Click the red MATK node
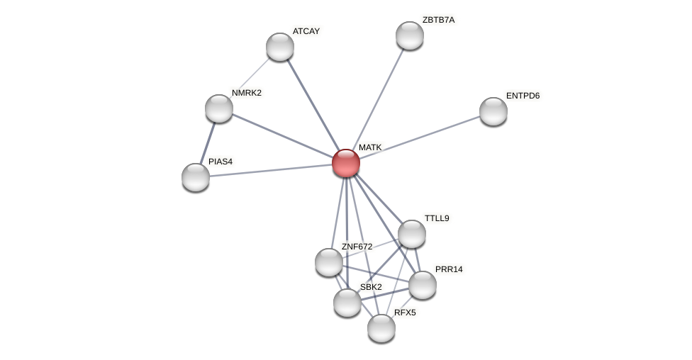coord(346,163)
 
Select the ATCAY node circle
coord(280,47)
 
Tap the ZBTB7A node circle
coord(410,35)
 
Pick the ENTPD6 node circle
coord(493,111)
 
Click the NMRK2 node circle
coord(219,108)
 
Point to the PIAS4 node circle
coord(196,177)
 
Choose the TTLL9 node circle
coord(412,234)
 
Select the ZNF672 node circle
coord(329,262)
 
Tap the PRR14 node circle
coord(423,285)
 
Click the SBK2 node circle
coord(347,303)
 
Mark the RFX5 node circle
coord(381,328)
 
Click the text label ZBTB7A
coord(438,20)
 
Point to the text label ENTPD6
coord(523,96)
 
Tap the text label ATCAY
coord(306,31)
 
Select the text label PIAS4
coord(221,162)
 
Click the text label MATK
coord(370,147)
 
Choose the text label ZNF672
coord(357,247)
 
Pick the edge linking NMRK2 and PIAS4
coord(207,143)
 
